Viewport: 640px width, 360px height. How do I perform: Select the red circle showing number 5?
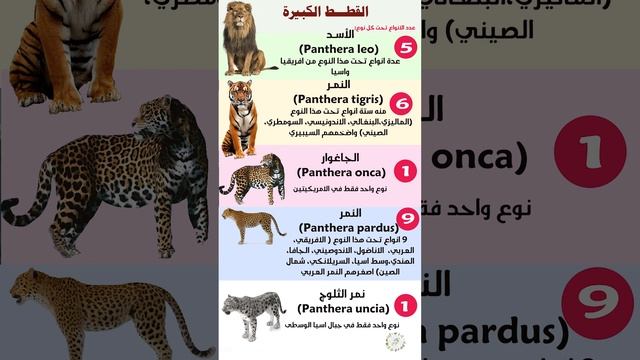pos(405,47)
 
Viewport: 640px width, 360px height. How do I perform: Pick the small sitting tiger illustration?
pos(243,117)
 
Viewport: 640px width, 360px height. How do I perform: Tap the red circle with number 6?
pos(405,103)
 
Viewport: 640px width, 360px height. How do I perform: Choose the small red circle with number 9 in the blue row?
pos(405,217)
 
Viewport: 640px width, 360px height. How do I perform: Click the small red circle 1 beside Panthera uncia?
pos(405,304)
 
